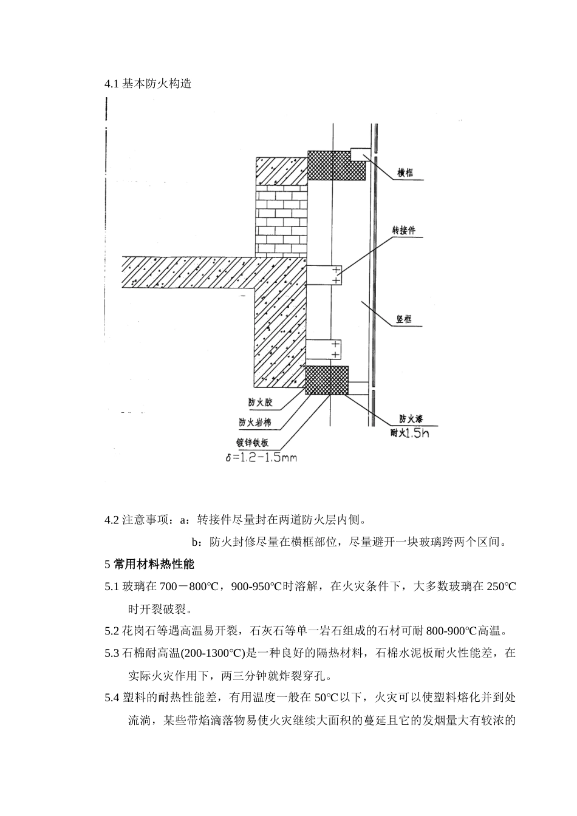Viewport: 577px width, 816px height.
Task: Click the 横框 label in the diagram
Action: point(405,173)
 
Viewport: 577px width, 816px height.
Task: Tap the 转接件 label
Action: point(404,231)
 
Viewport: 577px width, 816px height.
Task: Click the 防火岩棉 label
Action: point(255,423)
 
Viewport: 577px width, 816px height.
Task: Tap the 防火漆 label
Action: point(411,419)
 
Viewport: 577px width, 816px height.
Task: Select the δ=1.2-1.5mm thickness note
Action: point(261,457)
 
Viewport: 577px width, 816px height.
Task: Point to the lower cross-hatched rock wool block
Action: point(327,381)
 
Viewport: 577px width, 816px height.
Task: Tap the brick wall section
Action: point(281,219)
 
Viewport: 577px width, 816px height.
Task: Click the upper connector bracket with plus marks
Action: point(324,274)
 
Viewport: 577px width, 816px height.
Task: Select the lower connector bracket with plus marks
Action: point(324,349)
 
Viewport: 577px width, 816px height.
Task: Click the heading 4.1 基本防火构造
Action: point(148,84)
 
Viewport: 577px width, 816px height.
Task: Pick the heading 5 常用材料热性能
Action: point(149,564)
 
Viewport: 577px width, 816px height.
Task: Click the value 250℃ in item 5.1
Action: point(501,586)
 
